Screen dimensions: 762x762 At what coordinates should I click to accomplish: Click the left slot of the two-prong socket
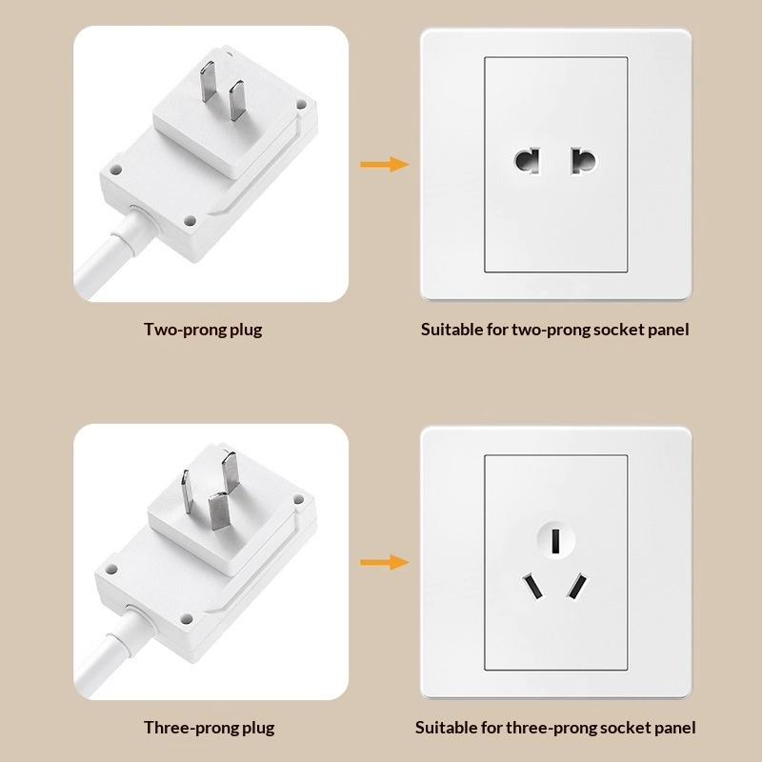click(528, 161)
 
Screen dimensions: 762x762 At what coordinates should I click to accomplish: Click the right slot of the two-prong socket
click(583, 161)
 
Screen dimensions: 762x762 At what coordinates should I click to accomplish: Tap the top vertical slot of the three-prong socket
click(556, 541)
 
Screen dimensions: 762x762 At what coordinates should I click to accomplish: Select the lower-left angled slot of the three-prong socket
click(532, 587)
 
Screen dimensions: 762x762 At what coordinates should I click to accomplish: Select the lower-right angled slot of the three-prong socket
click(577, 587)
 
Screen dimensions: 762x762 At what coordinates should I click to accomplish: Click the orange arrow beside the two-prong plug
click(385, 164)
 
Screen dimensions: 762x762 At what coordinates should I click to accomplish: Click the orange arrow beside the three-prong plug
click(385, 562)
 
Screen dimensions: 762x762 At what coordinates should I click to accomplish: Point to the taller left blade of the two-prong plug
click(208, 82)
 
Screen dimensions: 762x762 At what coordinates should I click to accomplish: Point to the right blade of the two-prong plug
click(237, 101)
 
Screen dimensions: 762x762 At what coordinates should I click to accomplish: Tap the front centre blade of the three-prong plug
click(219, 511)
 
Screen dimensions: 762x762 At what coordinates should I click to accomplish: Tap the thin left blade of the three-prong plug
click(187, 491)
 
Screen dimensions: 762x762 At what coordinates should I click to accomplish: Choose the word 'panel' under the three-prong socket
click(675, 728)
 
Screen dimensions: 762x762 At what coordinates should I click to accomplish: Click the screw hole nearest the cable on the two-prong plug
click(190, 221)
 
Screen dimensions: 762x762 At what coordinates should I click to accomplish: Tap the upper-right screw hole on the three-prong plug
click(298, 499)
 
